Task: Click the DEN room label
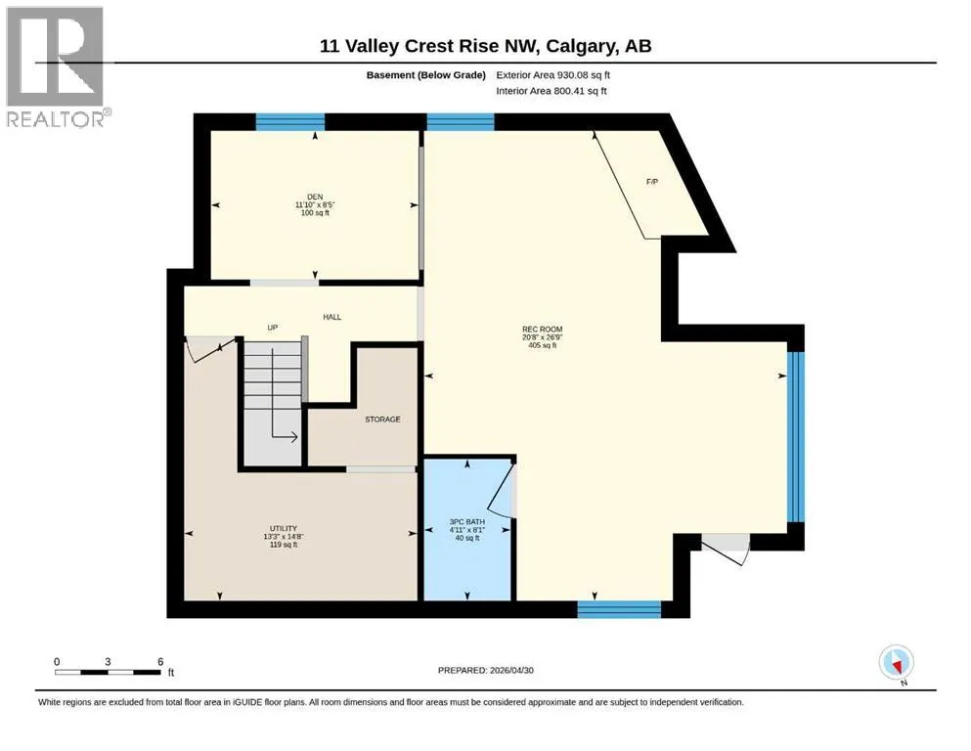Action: pyautogui.click(x=315, y=197)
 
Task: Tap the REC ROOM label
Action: pyautogui.click(x=542, y=330)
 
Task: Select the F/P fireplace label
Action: pyautogui.click(x=652, y=182)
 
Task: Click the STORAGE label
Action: pyautogui.click(x=382, y=420)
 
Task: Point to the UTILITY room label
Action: pyautogui.click(x=283, y=529)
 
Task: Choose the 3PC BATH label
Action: pyautogui.click(x=467, y=522)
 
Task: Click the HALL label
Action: pyautogui.click(x=331, y=317)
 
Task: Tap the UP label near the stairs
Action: pyautogui.click(x=272, y=327)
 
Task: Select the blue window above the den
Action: pyautogui.click(x=289, y=121)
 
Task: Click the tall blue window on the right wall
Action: pyautogui.click(x=796, y=437)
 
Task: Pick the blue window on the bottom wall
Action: pyautogui.click(x=619, y=609)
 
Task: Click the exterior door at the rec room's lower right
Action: pyautogui.click(x=726, y=549)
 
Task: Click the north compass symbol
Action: pyautogui.click(x=896, y=663)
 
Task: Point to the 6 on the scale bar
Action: pyautogui.click(x=160, y=661)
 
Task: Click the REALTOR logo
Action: pyautogui.click(x=58, y=66)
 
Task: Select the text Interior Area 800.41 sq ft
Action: pyautogui.click(x=552, y=91)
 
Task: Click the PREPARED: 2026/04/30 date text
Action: pyautogui.click(x=485, y=670)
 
